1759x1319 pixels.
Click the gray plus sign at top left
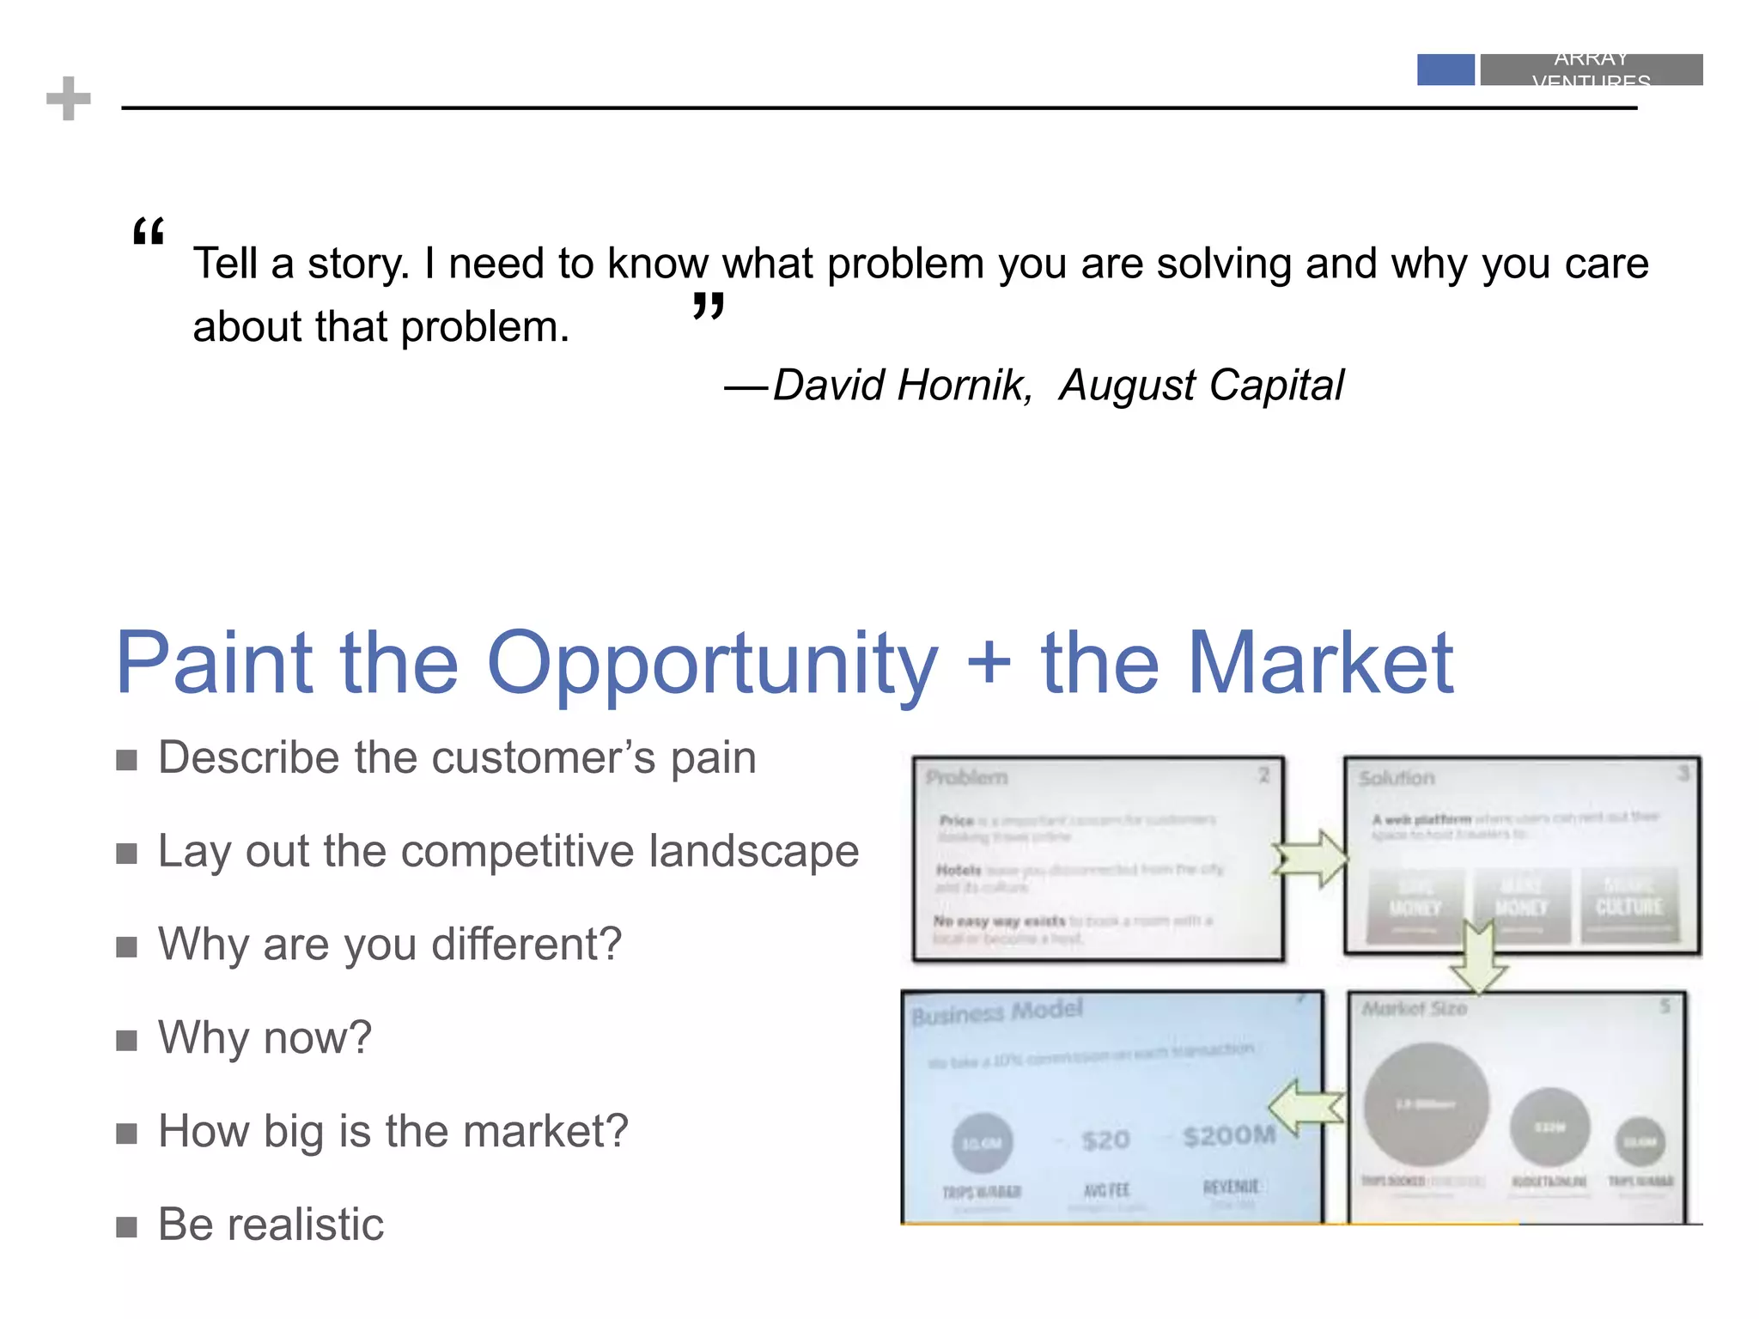69,99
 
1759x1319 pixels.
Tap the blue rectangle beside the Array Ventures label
1445,70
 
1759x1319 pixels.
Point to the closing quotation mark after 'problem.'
709,306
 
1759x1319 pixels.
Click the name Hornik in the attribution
962,385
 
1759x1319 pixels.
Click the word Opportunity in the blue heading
712,664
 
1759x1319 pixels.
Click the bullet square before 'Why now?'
127,1041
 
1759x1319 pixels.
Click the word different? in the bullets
526,944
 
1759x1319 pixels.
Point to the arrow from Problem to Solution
1311,858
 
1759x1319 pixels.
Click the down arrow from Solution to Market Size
1477,957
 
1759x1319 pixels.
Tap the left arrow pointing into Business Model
1306,1107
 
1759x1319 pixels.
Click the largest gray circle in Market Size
1426,1103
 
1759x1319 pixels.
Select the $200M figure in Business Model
1228,1136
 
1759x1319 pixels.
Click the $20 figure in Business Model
1105,1140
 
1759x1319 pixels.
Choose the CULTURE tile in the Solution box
1628,906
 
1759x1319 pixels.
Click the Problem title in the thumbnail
966,778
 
